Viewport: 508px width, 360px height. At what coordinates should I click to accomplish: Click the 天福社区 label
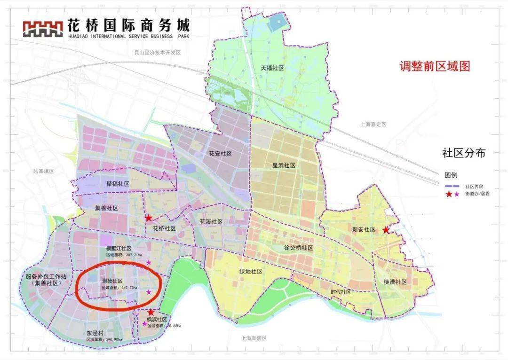(273, 68)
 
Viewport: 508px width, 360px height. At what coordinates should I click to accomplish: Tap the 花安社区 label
(220, 154)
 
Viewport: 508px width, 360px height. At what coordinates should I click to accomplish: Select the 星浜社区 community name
(284, 165)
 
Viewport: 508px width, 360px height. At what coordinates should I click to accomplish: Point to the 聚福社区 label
(118, 184)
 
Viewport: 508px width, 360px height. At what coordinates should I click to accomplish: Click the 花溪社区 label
(211, 221)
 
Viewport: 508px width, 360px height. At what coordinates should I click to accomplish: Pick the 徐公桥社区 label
(299, 248)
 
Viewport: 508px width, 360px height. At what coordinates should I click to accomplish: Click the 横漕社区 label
(394, 282)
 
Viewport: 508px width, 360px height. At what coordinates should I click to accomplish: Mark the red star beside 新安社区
(386, 230)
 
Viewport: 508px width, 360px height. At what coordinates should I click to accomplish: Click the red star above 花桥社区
(149, 218)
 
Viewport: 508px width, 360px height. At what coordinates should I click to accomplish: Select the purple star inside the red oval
(149, 292)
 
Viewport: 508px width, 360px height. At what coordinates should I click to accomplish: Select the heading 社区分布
(463, 153)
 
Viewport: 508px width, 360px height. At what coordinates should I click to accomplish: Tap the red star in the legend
(449, 194)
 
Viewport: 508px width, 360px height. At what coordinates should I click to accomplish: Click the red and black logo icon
(43, 28)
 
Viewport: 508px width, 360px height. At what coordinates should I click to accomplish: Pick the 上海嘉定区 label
(373, 125)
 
